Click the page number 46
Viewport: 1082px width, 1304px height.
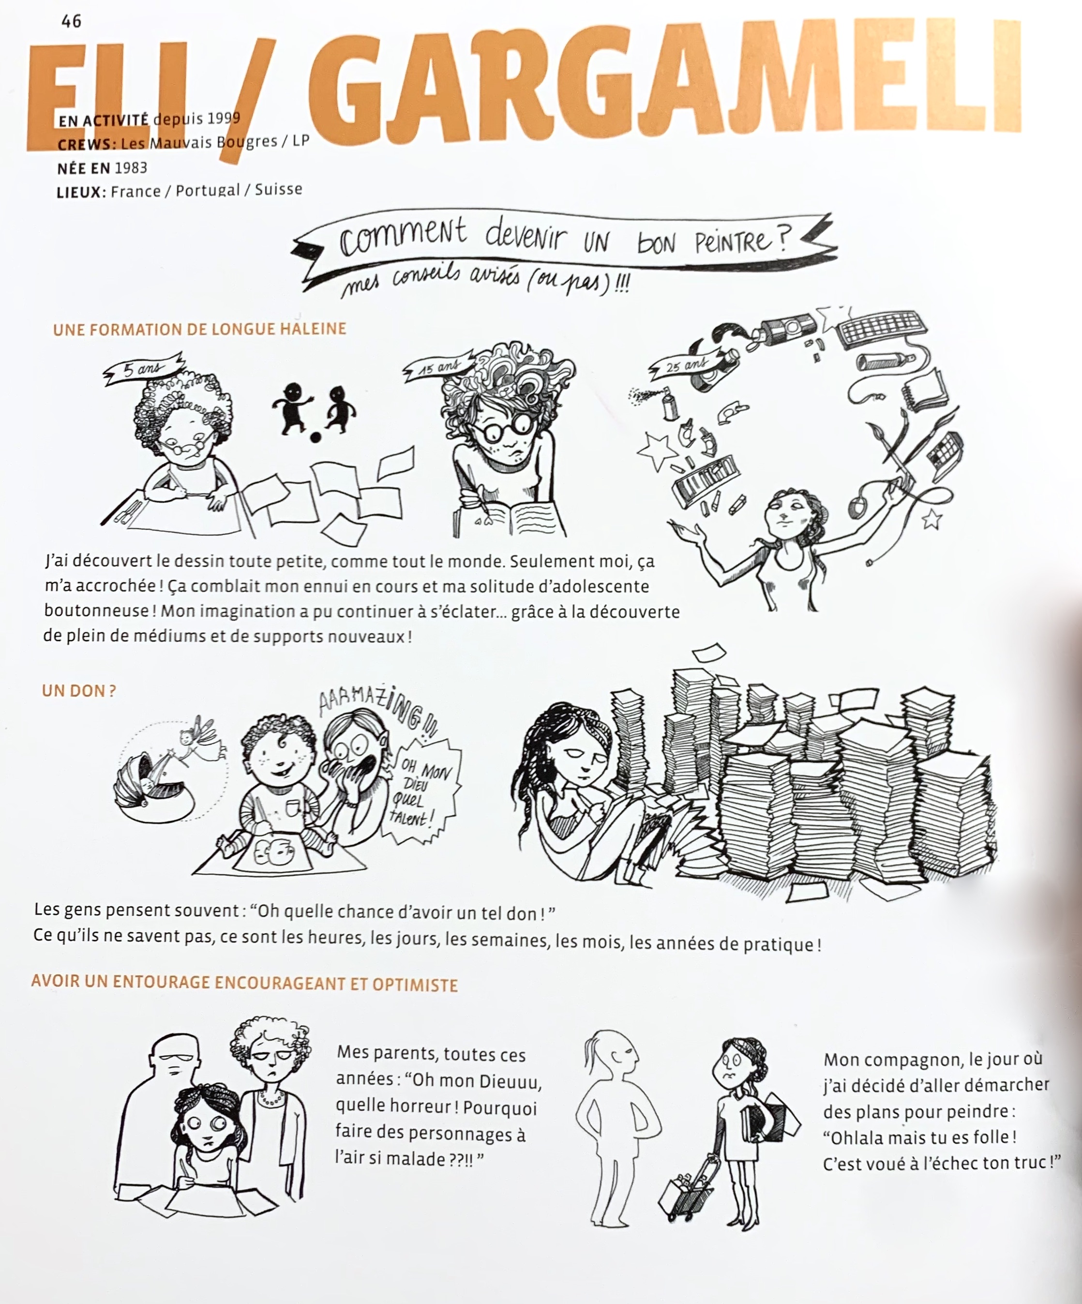tap(72, 21)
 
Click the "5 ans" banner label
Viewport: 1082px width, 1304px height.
tap(143, 368)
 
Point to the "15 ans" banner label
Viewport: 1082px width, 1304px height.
tap(439, 367)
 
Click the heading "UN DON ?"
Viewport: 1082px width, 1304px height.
tap(79, 691)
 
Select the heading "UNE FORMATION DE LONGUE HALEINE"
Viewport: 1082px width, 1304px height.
tap(199, 329)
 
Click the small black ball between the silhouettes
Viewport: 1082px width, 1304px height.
tap(316, 438)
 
